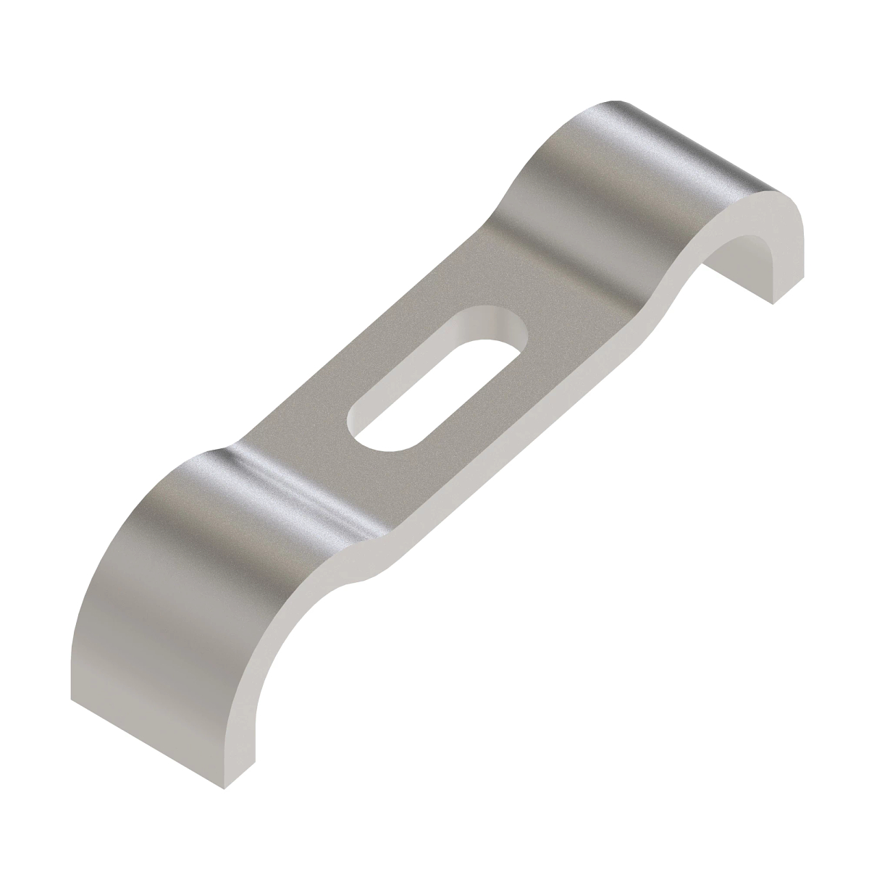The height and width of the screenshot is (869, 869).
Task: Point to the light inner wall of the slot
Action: (x=471, y=323)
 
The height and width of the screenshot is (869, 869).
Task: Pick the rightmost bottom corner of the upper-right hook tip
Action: (x=773, y=303)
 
